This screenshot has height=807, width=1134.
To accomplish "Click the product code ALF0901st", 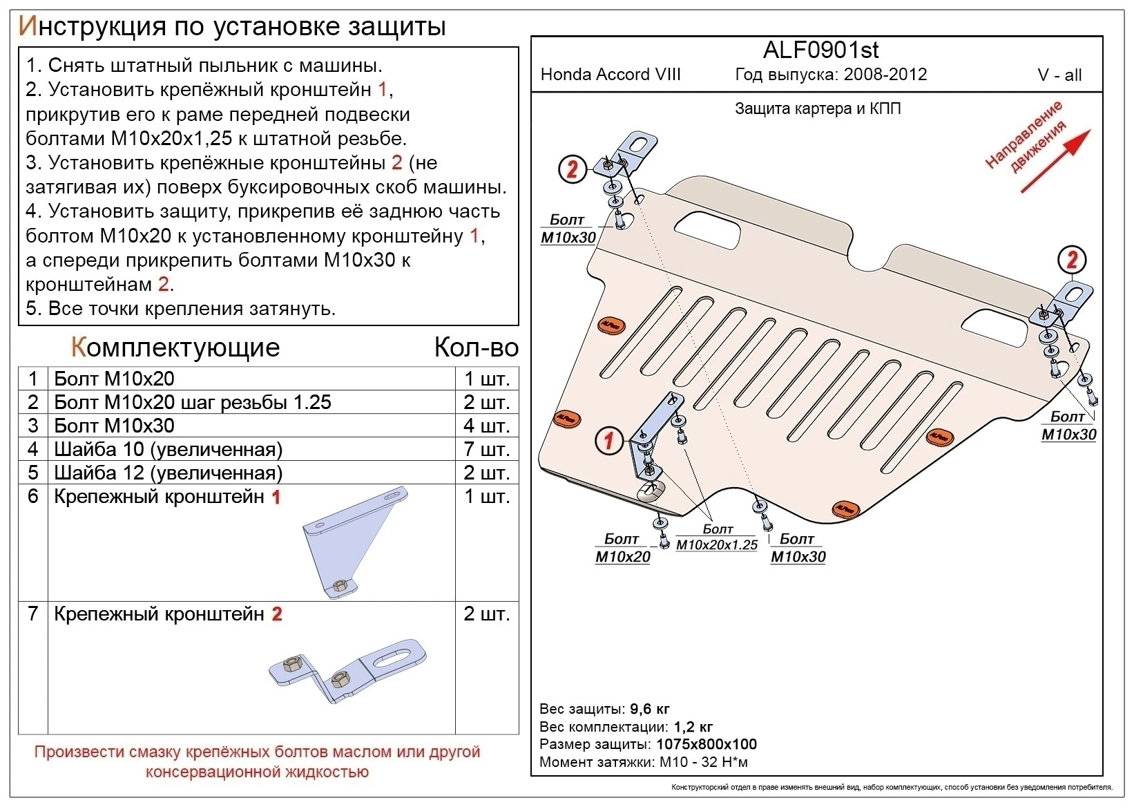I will coord(820,50).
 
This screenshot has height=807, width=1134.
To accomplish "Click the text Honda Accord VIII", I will coord(611,75).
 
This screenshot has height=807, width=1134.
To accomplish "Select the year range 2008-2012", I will coord(885,75).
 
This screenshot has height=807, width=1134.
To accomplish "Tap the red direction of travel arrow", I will coord(1055,160).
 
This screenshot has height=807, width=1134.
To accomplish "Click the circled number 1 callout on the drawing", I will coord(608,440).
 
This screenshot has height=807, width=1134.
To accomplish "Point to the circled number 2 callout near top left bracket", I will coord(572,169).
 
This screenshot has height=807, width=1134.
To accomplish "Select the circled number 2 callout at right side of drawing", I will coord(1072,260).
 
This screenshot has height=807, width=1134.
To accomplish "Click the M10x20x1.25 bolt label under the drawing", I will coord(717,544).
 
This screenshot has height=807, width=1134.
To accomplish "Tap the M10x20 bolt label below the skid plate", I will coord(622,556).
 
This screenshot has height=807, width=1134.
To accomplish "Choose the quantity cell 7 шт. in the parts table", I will coord(486,449).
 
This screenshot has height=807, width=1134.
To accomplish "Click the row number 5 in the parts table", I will coord(32,473).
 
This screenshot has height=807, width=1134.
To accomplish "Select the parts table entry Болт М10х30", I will coord(114,426).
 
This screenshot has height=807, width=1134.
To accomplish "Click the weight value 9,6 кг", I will coord(650,709).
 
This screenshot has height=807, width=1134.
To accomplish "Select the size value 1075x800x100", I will coord(706,744).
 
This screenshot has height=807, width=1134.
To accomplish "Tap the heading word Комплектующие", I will coord(175,348).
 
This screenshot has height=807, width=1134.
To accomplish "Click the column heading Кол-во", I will coord(476,348).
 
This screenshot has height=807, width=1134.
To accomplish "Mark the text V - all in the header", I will coord(1059,75).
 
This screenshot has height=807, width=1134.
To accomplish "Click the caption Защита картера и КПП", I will coord(818,108).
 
